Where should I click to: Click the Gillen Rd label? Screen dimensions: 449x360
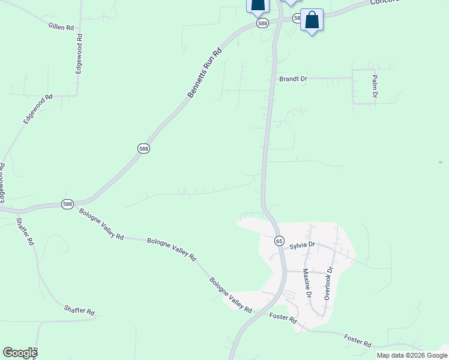coord(62,26)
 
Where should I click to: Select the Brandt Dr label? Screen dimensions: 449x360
coord(293,79)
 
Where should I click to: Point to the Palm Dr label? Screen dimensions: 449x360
coord(375,86)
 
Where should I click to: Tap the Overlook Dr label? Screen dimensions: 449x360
coord(328,284)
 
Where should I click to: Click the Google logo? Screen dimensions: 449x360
coord(20,352)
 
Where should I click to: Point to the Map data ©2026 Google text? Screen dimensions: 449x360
coord(411,355)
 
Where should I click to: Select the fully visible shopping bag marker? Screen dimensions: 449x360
coord(312,20)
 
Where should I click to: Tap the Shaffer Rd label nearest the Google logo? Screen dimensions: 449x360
coord(80,310)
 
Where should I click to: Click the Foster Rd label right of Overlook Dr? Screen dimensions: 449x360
coord(358,341)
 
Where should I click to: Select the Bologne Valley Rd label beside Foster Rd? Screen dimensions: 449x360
coord(231,295)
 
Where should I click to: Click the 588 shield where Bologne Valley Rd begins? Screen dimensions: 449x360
coord(67,204)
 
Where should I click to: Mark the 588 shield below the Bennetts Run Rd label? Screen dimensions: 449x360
coord(143,148)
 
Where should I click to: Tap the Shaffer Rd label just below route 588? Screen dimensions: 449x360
coord(25,232)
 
